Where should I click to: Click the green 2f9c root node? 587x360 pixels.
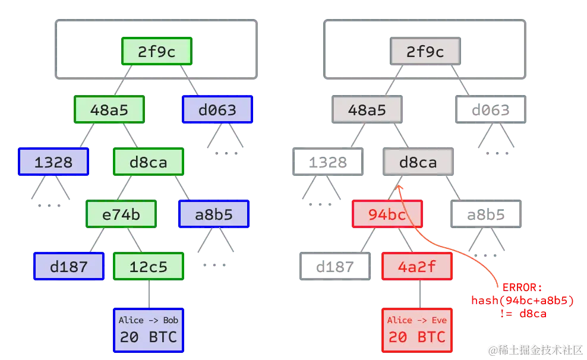pos(157,52)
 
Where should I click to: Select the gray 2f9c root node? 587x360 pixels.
pos(425,52)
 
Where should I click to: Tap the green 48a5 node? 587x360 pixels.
pos(109,110)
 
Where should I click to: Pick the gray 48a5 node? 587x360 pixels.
pos(367,110)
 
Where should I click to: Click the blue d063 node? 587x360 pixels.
pos(217,110)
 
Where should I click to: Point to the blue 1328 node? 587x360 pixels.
pos(53,162)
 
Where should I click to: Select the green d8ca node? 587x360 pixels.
pos(149,162)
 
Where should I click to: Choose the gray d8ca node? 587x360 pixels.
pos(418,162)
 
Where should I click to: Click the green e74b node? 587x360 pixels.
pos(121,214)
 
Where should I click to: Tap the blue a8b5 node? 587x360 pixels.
pos(214,214)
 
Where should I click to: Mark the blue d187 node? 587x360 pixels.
pos(69,266)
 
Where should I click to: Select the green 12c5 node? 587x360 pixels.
pos(149,266)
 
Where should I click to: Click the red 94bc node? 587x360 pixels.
pos(387,214)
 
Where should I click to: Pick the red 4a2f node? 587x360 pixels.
pos(416,266)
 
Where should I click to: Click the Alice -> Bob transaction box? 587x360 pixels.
pos(149,330)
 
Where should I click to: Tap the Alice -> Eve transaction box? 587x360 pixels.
pos(416,330)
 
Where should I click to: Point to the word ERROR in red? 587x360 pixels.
pos(522,288)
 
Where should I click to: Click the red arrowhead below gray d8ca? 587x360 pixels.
pos(399,188)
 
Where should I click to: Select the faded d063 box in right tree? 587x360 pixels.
pos(491,110)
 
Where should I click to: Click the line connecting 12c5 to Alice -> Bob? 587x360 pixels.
pos(149,293)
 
